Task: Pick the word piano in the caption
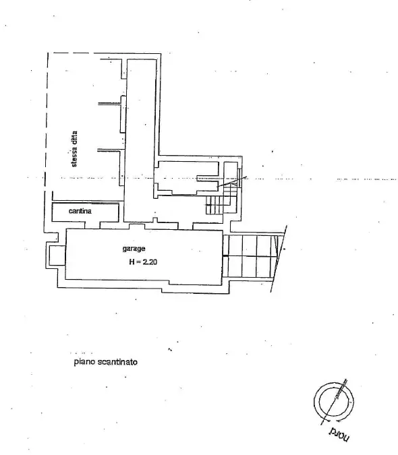(84, 361)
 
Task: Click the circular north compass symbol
(332, 402)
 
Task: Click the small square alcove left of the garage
(55, 255)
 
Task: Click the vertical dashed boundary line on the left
(47, 121)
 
